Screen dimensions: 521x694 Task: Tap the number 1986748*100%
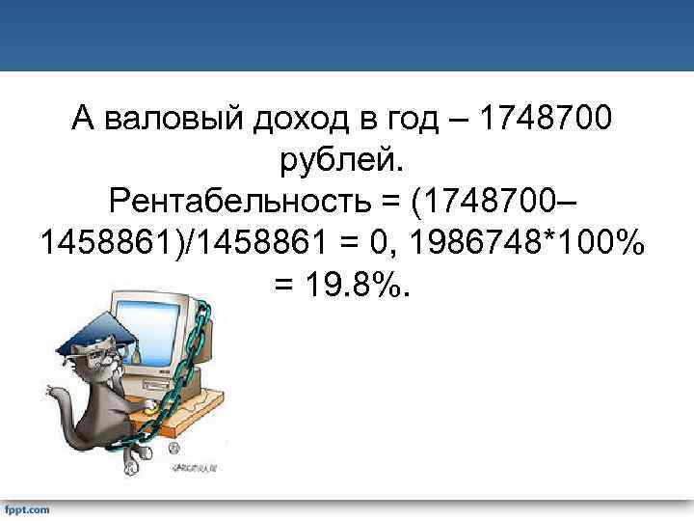(x=526, y=244)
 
